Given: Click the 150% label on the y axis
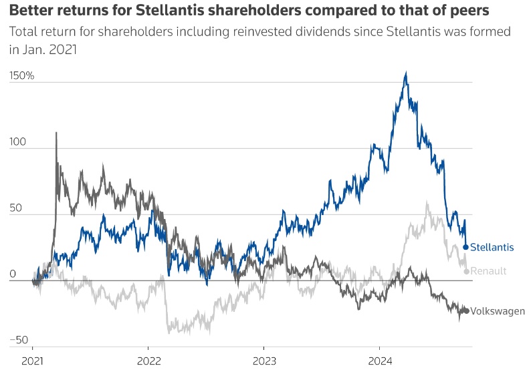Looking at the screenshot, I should click(21, 75).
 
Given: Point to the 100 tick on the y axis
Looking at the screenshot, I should click(18, 142).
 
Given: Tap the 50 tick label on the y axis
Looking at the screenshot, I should click(15, 208).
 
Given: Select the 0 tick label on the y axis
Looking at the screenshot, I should click(12, 274).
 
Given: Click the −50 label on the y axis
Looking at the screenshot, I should click(19, 340).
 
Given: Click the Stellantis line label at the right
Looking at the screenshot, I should click(492, 247).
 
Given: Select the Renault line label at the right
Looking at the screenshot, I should click(488, 270).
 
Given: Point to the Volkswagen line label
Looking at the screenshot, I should click(498, 311).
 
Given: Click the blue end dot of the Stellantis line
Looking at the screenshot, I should click(465, 247).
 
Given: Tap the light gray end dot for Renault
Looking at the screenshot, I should click(466, 271).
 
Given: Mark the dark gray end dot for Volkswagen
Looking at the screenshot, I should click(466, 310).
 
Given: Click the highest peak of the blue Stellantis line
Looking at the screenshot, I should click(406, 73).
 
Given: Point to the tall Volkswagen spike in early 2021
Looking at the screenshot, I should click(56, 133).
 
